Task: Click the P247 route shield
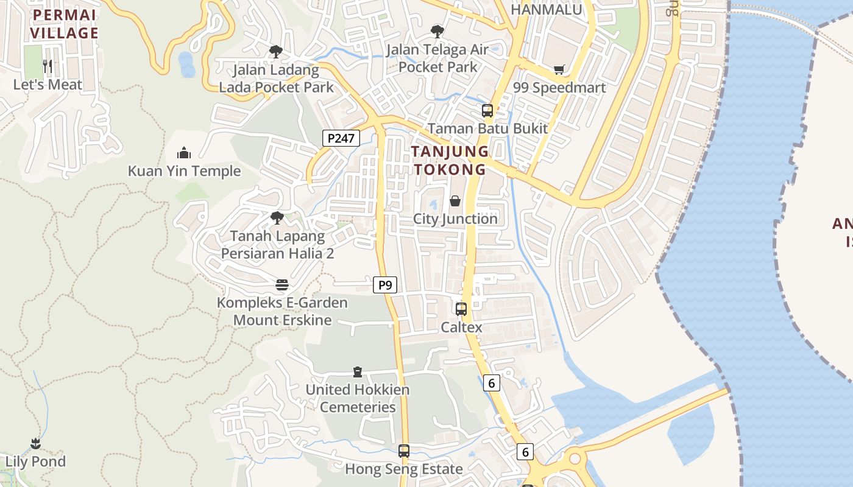pos(341,138)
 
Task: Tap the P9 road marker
pos(384,285)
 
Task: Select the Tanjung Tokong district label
pos(450,161)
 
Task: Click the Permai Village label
pos(64,24)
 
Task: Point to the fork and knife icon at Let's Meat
pos(48,66)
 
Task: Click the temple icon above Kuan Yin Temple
pos(184,152)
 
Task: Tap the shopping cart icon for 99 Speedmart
pos(559,70)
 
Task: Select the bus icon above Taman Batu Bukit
pos(487,110)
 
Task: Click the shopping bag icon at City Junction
pos(455,201)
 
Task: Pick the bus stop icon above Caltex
pos(461,309)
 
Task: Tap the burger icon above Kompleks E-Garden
pos(281,284)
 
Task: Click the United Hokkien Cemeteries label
pos(358,398)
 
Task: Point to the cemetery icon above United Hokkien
pos(358,371)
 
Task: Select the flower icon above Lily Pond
pos(35,443)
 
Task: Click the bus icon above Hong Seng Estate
pos(403,451)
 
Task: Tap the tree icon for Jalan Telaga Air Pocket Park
pos(437,31)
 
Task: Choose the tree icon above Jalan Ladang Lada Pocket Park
pos(276,51)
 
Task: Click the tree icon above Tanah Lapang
pos(277,217)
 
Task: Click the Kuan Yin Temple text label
pos(184,171)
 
